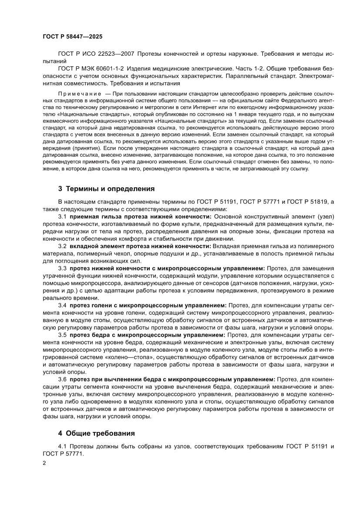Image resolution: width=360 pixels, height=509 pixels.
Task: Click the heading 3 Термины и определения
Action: click(107, 189)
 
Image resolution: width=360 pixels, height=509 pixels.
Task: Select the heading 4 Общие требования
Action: click(97, 433)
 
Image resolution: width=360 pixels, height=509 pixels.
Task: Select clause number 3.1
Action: click(62, 216)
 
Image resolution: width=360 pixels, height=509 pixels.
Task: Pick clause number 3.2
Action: click(62, 246)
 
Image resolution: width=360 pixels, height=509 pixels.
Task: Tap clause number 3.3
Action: click(62, 268)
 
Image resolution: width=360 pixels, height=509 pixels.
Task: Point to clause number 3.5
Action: click(62, 335)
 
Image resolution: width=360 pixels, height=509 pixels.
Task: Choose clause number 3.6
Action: click(62, 379)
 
